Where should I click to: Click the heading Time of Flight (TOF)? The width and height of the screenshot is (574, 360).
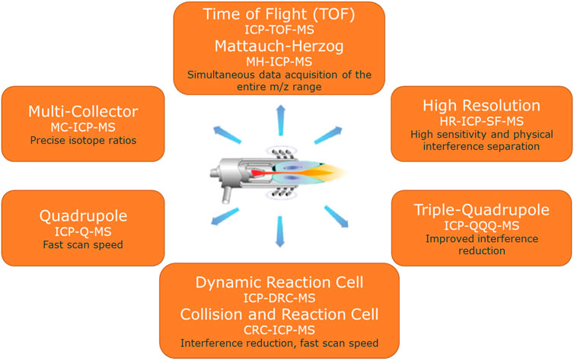(x=279, y=14)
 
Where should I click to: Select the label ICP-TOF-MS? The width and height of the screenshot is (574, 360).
(x=279, y=30)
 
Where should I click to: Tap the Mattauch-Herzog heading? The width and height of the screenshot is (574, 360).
(x=279, y=46)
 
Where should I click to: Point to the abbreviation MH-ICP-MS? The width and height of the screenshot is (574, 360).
(x=279, y=62)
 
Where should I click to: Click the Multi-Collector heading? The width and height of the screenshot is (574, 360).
(x=83, y=112)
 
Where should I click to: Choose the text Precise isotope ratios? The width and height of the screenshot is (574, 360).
(x=83, y=141)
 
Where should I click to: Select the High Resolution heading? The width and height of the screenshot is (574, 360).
(x=481, y=106)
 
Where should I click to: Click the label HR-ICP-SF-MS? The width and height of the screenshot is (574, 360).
(x=481, y=121)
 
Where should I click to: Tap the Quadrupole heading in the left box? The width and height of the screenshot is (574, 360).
(x=83, y=216)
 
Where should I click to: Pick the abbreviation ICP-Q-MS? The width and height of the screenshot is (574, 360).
(x=83, y=231)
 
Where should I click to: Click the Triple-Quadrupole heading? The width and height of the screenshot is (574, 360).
(x=481, y=210)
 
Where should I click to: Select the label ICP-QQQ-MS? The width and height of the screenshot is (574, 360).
(x=481, y=226)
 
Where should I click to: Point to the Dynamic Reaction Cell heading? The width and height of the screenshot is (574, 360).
(x=279, y=283)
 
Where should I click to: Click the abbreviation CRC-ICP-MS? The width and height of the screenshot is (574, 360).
(x=279, y=330)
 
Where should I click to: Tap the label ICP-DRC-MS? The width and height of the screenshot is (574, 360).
(x=279, y=298)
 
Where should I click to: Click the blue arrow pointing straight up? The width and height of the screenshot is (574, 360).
(x=281, y=120)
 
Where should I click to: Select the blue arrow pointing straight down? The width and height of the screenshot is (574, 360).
(x=280, y=231)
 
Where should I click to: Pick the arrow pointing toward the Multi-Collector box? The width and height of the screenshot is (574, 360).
(x=228, y=134)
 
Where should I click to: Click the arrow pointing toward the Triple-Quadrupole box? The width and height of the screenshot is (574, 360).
(x=336, y=217)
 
